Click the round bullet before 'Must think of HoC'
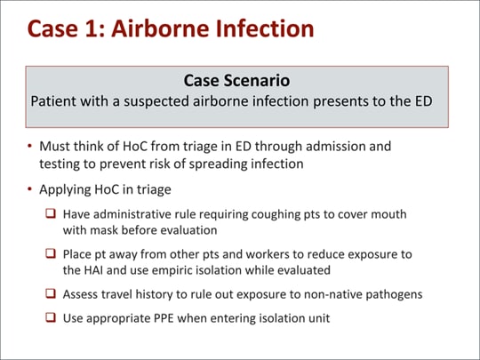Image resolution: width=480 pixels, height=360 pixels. pyautogui.click(x=30, y=144)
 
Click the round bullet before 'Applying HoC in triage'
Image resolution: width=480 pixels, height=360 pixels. pyautogui.click(x=30, y=189)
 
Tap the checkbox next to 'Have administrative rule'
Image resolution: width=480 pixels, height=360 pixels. pyautogui.click(x=53, y=213)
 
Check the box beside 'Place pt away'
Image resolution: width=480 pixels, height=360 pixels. pyautogui.click(x=53, y=253)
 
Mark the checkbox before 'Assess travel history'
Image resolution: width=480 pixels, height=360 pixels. pyautogui.click(x=53, y=293)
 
